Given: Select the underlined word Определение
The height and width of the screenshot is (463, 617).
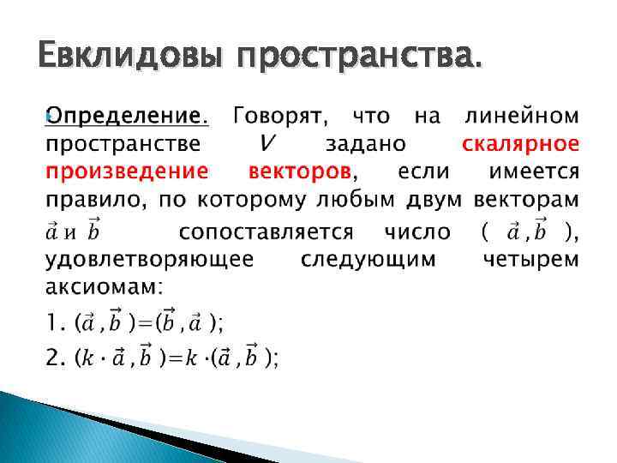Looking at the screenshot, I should click(x=126, y=115).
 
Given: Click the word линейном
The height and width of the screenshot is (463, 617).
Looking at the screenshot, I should click(x=521, y=115).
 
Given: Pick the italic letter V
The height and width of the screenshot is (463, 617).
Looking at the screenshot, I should click(x=268, y=142).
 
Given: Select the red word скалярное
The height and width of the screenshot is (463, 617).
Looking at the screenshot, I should click(x=520, y=142).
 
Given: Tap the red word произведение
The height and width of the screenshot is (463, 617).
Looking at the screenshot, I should click(x=126, y=171).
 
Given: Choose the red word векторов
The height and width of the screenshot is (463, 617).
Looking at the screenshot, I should click(x=299, y=171).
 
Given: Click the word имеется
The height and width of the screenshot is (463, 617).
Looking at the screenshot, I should click(x=533, y=171).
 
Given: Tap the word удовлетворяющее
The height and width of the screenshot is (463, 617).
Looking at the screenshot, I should click(x=147, y=258).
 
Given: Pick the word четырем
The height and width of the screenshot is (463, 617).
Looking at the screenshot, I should click(x=530, y=258).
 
